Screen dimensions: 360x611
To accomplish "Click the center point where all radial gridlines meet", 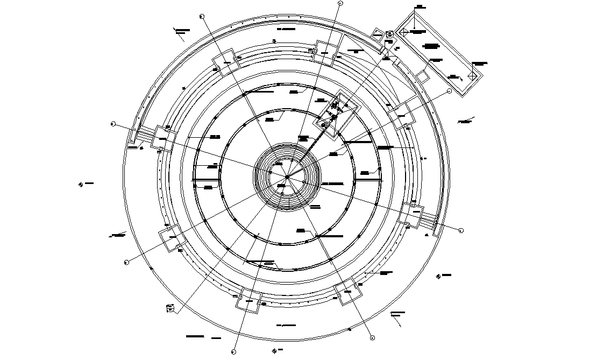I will click(287, 176).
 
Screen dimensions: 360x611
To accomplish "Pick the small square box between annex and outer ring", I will click(424, 76).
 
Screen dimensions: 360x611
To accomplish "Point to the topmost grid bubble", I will click(340, 3).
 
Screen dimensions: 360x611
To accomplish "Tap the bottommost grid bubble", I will click(233, 352).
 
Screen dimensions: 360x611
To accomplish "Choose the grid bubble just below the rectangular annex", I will click(450, 91).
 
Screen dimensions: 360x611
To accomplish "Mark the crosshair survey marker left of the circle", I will click(81, 185).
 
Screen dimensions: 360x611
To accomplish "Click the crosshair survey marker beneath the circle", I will click(275, 350).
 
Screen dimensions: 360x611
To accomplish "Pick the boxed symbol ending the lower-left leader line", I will click(169, 308).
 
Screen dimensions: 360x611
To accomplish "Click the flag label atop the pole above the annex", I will click(420, 7).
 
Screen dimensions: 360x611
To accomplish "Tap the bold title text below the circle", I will click(195, 336).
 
